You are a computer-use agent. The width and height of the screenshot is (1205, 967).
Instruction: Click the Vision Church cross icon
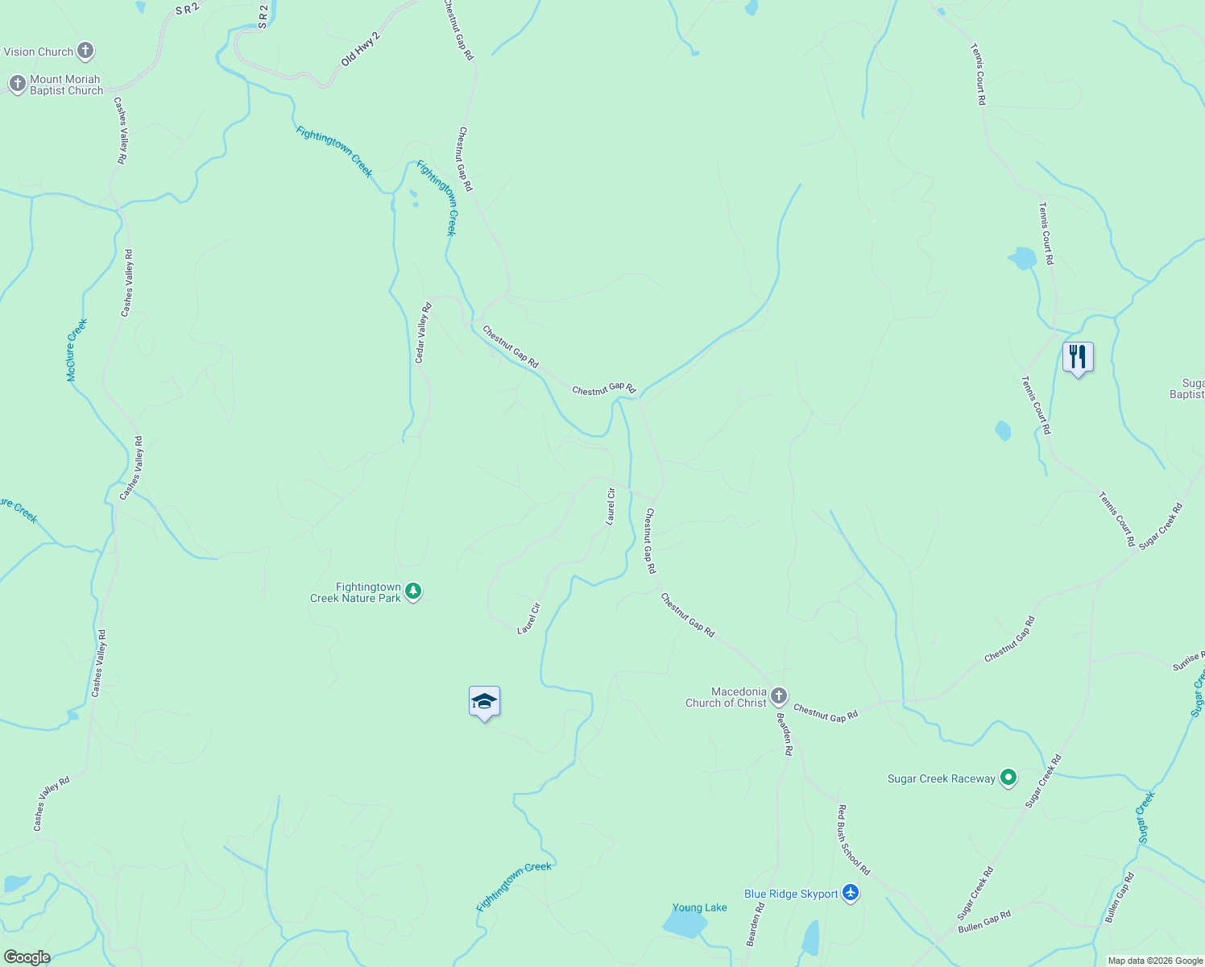click(x=85, y=52)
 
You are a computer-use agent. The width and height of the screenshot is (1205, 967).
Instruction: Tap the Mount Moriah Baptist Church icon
click(x=17, y=84)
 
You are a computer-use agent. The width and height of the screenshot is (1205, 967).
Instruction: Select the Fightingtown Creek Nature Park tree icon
click(x=413, y=592)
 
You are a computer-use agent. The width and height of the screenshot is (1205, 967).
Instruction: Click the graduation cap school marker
click(x=484, y=701)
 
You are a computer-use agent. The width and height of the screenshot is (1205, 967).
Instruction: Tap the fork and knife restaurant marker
click(x=1077, y=357)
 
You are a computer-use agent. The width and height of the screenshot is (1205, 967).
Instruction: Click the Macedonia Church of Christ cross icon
click(x=778, y=696)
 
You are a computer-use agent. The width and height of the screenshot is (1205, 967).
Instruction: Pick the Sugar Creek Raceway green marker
click(x=1008, y=778)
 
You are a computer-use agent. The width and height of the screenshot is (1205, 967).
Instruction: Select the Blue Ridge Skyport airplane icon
click(x=851, y=893)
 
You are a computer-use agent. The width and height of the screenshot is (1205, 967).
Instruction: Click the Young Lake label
click(x=699, y=907)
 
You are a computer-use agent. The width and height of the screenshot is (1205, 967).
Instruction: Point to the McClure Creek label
click(x=77, y=351)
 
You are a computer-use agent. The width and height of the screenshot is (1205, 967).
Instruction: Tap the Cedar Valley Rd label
click(x=423, y=332)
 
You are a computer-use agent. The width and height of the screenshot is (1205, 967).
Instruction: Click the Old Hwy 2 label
click(x=360, y=50)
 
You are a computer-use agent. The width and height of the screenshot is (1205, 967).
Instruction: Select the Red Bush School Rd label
click(x=854, y=840)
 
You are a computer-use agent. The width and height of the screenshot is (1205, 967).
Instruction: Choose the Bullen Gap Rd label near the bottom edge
click(x=984, y=922)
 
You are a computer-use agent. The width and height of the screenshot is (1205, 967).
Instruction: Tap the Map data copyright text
click(x=1155, y=961)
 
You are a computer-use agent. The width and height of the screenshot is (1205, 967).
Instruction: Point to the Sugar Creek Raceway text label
click(x=941, y=778)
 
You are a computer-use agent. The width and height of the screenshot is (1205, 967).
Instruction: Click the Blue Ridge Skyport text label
click(x=790, y=894)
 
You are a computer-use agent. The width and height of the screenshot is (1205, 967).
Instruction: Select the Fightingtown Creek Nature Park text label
click(x=355, y=592)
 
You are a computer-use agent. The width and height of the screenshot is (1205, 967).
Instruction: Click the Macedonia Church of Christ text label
click(x=726, y=697)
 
